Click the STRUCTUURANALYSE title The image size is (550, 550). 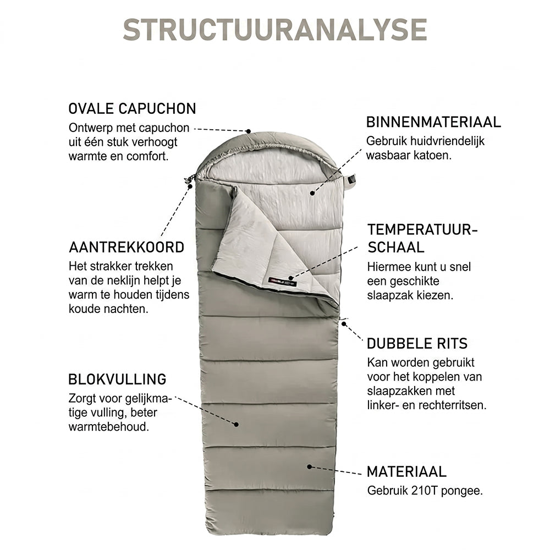(275, 30)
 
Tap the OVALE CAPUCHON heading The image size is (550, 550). (132, 109)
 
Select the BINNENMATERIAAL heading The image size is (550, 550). (433, 122)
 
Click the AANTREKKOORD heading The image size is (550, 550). (127, 248)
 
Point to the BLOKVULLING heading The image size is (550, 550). (118, 379)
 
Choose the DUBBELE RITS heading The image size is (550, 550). (417, 343)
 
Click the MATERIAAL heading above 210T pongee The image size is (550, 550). (406, 472)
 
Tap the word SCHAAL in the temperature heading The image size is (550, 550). (396, 248)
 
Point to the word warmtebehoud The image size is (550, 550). (109, 427)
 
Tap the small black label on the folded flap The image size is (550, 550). (283, 280)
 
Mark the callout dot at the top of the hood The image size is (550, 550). (249, 131)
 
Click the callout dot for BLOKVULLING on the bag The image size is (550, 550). (237, 425)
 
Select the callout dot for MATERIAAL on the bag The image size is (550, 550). (309, 467)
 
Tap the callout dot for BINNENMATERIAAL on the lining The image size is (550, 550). (312, 193)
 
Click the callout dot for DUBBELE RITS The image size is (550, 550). (344, 324)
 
